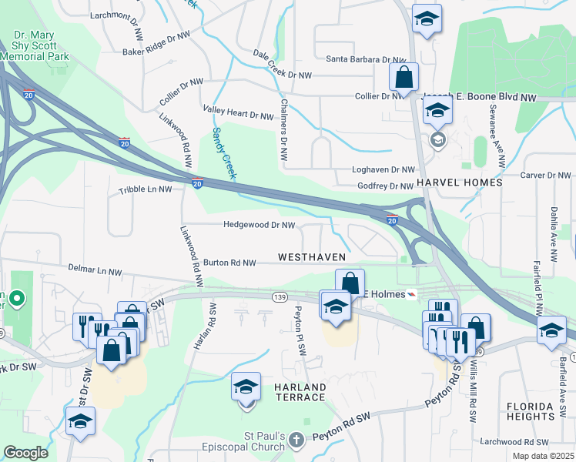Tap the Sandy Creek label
pyautogui.click(x=223, y=153)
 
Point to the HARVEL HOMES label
pyautogui.click(x=459, y=182)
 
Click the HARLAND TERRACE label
pyautogui.click(x=296, y=391)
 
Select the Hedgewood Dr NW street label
pyautogui.click(x=259, y=226)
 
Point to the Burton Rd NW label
pyautogui.click(x=228, y=263)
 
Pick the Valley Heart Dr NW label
pyautogui.click(x=238, y=115)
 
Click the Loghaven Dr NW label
pyautogui.click(x=383, y=169)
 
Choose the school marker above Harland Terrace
pyautogui.click(x=246, y=386)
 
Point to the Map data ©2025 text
pyautogui.click(x=542, y=456)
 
